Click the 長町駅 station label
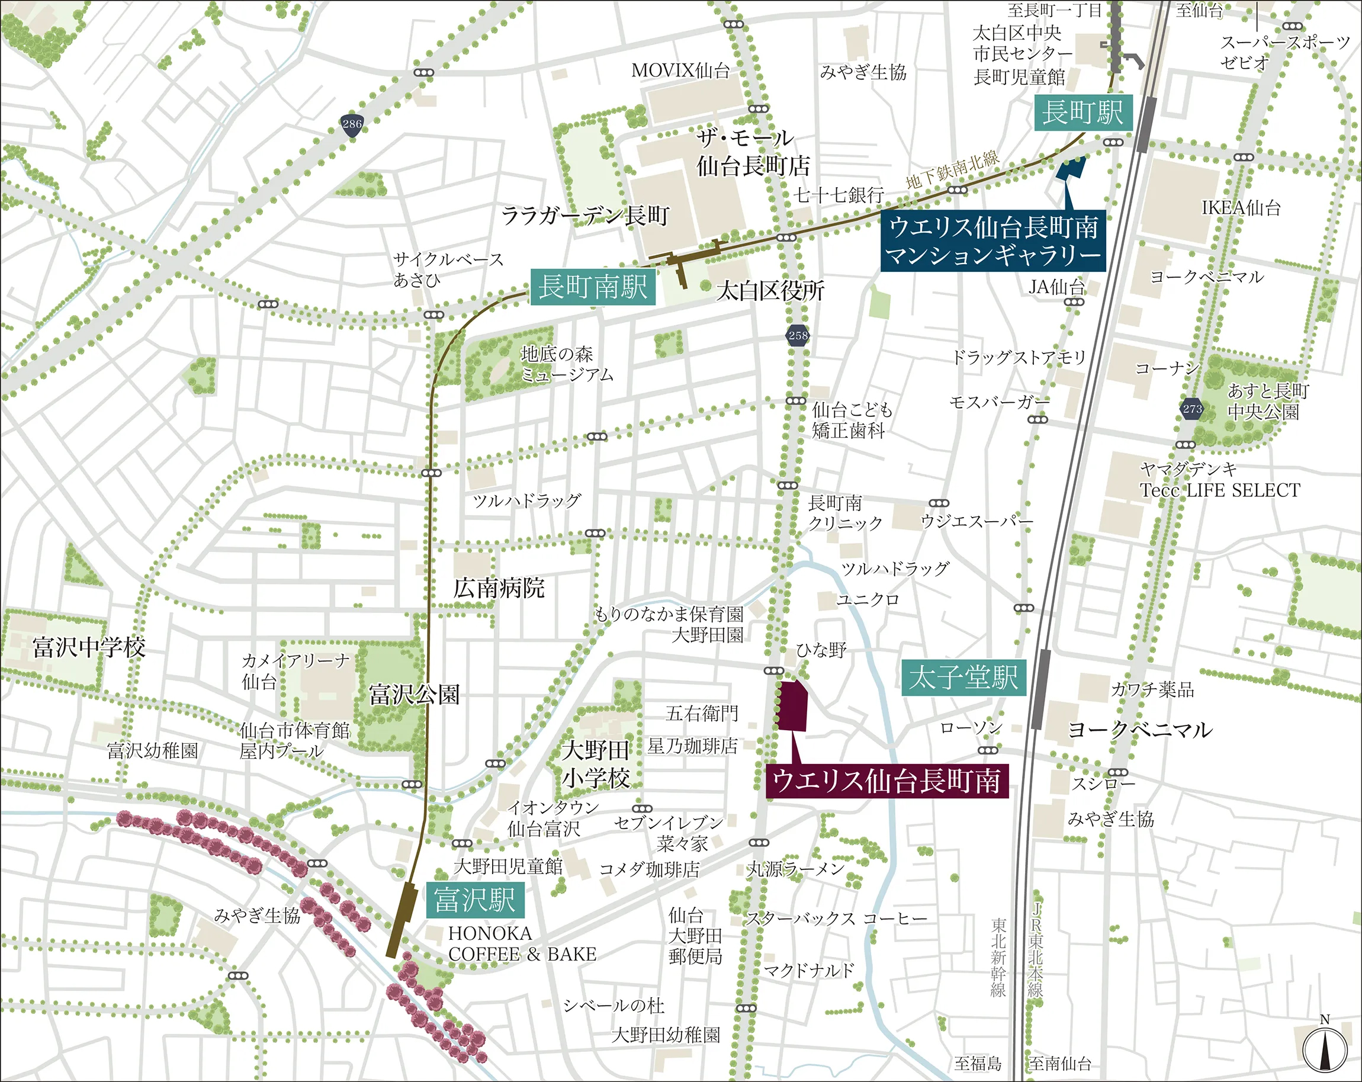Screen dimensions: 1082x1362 pos(1082,113)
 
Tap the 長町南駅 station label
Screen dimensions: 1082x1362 pos(593,287)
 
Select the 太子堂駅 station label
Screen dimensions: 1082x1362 pos(963,678)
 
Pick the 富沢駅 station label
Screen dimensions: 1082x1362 pos(475,900)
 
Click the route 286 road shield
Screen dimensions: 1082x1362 pos(352,124)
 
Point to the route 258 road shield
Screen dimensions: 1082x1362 pos(798,335)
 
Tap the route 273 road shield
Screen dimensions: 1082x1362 pos(1191,409)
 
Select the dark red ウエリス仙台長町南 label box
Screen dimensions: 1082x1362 pos(886,781)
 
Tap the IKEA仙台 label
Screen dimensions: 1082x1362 pos(1241,208)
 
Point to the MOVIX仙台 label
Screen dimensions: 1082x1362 pos(680,70)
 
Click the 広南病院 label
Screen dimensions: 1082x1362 pos(499,588)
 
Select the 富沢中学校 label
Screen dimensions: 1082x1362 pos(89,647)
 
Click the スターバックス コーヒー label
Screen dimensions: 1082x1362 pos(836,919)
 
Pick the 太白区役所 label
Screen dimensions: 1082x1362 pos(769,291)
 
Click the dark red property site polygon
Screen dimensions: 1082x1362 pos(792,705)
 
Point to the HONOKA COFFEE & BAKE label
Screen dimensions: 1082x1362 pos(522,943)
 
